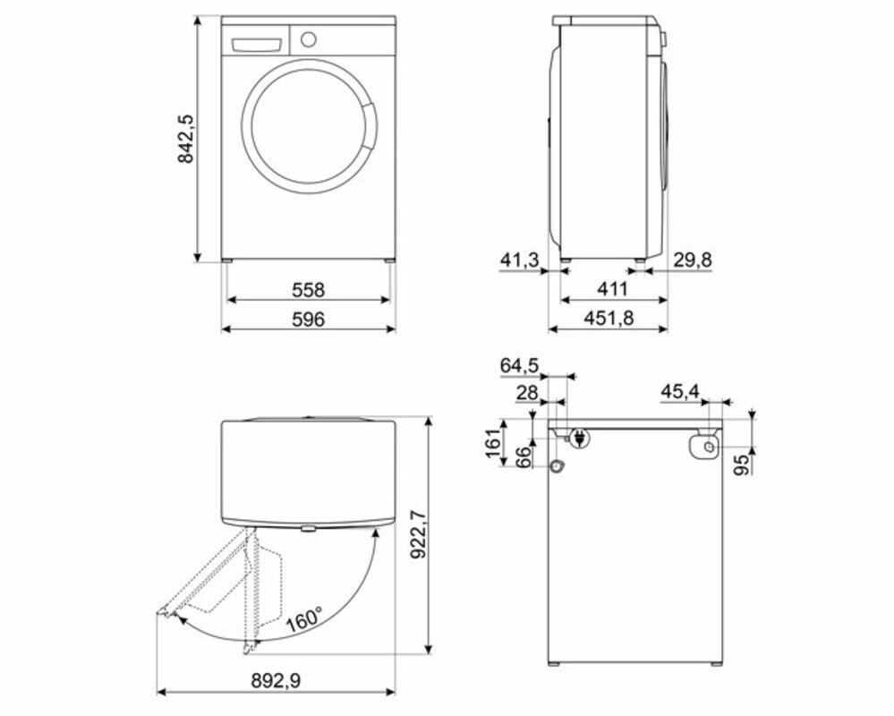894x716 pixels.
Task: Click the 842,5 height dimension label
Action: [186, 139]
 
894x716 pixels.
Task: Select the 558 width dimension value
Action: [308, 290]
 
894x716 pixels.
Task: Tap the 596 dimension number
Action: [308, 320]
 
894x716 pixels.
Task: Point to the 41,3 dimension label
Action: [519, 260]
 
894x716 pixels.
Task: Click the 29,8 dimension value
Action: [693, 260]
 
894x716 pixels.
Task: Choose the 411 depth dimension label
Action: [612, 289]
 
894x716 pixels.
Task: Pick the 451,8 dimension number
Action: [609, 318]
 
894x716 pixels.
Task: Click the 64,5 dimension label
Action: [519, 365]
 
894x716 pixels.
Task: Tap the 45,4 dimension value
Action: [680, 392]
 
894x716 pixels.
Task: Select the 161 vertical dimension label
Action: [493, 442]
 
